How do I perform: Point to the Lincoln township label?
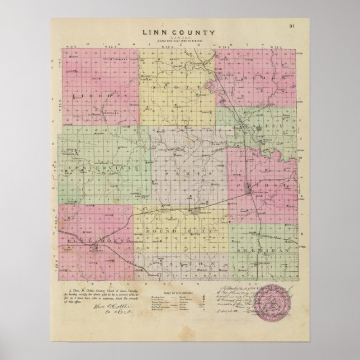tap(258, 80)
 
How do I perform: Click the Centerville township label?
tap(104, 168)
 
